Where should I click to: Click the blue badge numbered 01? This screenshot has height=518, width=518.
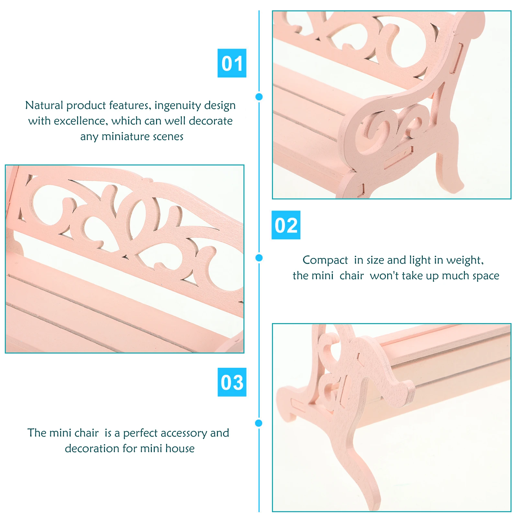[232, 63]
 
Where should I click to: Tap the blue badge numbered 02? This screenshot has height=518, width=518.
[286, 225]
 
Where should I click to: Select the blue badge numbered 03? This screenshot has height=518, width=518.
[232, 382]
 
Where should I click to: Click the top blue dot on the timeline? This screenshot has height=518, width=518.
[259, 96]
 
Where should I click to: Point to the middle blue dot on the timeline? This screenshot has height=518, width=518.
[259, 258]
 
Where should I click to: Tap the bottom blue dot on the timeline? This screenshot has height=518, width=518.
[259, 423]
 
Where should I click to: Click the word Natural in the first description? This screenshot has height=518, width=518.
[44, 105]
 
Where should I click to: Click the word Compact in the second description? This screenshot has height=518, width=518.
[325, 260]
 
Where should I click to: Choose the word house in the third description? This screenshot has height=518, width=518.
[180, 448]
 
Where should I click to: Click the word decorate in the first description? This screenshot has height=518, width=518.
[211, 121]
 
